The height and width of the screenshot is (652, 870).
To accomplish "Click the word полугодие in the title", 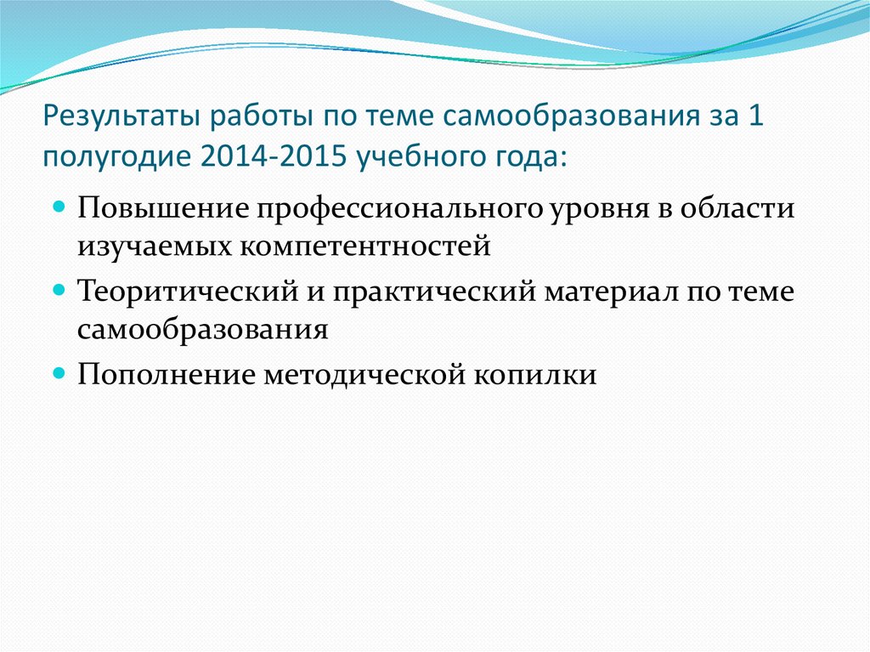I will point(105,156).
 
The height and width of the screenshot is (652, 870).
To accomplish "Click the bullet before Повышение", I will point(60,207).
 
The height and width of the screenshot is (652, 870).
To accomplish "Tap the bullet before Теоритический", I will point(60,290).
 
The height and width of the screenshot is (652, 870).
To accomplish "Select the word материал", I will point(618,291).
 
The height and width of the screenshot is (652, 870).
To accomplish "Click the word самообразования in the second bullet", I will point(202,330).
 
